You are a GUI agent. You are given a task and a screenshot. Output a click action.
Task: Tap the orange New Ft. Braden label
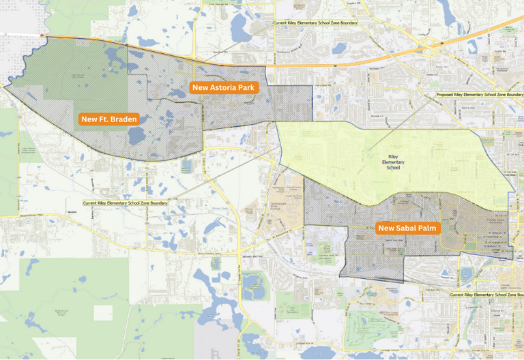109,119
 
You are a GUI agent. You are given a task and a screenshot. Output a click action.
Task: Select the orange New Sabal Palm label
409,228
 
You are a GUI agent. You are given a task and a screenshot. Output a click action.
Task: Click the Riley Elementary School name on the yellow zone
393,162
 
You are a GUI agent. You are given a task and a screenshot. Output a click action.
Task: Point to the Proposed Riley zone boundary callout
479,95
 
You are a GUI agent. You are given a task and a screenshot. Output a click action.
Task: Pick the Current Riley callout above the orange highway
315,22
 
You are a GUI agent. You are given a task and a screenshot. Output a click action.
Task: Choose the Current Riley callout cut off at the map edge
486,295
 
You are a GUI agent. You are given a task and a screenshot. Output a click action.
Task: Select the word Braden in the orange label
123,119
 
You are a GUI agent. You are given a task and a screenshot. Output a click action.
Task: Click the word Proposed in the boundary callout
448,95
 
